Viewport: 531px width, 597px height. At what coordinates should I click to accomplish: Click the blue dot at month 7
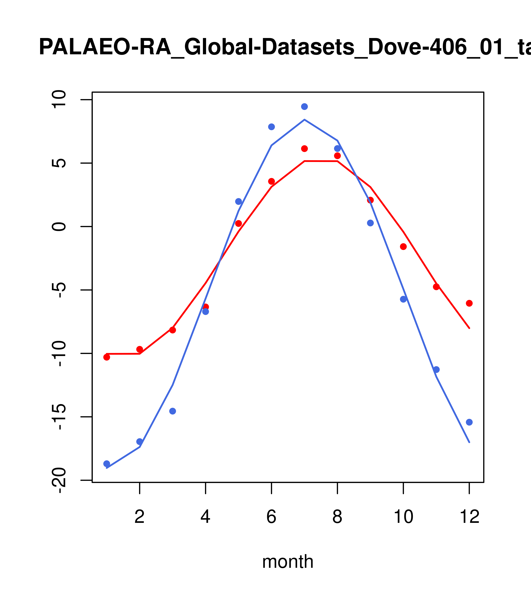pyautogui.click(x=304, y=107)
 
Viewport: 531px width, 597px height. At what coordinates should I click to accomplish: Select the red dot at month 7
pyautogui.click(x=304, y=149)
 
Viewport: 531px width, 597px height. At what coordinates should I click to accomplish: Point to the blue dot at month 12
pyautogui.click(x=469, y=422)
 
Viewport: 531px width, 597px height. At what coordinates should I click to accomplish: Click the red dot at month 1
pyautogui.click(x=107, y=357)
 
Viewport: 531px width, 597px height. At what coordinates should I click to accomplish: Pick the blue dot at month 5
pyautogui.click(x=239, y=201)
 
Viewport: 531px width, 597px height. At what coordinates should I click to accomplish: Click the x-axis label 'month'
pyautogui.click(x=288, y=562)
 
